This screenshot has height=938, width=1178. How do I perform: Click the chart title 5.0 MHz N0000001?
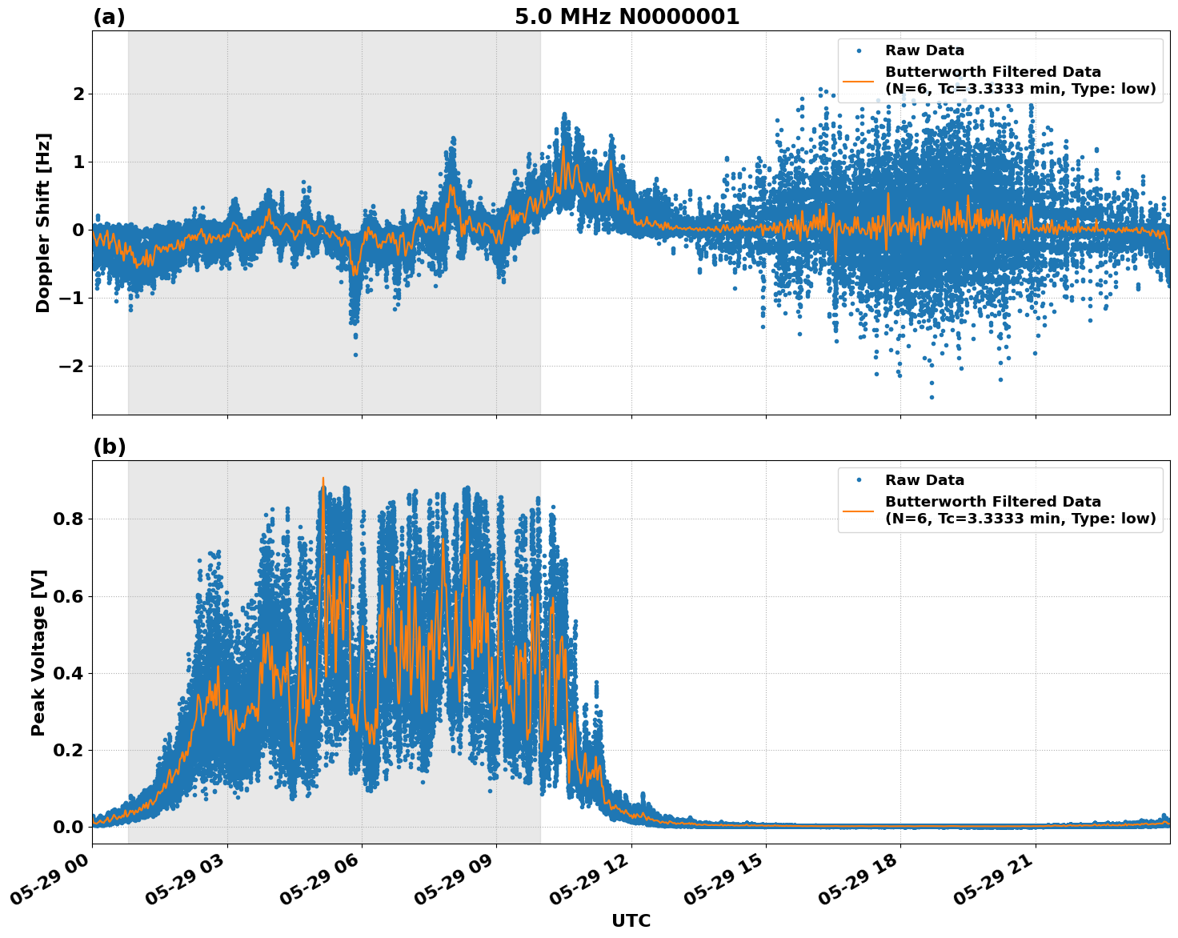tap(627, 17)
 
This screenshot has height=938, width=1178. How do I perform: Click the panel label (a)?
tap(109, 17)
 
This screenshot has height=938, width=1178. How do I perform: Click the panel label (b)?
tap(109, 447)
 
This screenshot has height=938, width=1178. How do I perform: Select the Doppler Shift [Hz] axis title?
tap(43, 222)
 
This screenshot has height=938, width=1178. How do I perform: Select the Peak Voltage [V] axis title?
tap(38, 652)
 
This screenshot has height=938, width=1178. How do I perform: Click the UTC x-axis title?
tap(631, 920)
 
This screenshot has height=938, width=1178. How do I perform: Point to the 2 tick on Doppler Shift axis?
tap(78, 94)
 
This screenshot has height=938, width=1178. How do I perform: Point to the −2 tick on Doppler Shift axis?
tap(71, 367)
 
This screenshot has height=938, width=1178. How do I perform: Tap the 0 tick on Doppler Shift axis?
tap(78, 230)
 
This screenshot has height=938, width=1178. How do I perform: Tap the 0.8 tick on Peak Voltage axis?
tap(69, 519)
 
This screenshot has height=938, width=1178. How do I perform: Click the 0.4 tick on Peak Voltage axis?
tap(69, 673)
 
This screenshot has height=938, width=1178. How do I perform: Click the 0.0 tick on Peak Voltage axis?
tap(69, 827)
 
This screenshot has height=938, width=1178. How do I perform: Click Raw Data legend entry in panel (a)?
tap(924, 50)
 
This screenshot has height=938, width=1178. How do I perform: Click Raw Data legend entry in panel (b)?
tap(924, 480)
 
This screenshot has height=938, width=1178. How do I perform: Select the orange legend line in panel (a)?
tap(858, 81)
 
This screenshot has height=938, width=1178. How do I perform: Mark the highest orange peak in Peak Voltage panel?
tap(323, 479)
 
